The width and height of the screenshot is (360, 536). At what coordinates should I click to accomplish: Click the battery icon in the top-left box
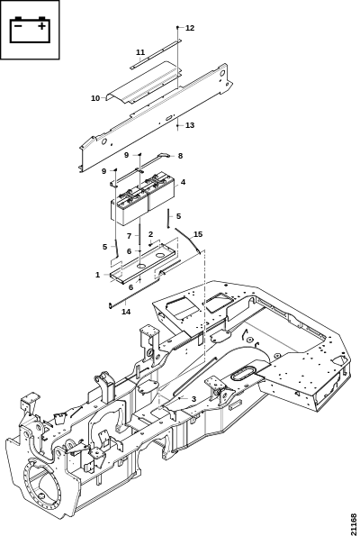click(x=30, y=30)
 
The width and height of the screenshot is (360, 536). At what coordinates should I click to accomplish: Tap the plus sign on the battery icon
click(x=41, y=26)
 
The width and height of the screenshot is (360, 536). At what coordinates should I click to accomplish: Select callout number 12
click(x=190, y=28)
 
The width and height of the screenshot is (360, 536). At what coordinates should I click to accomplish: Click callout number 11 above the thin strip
click(x=140, y=52)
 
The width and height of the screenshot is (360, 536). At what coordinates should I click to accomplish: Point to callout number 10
click(x=95, y=98)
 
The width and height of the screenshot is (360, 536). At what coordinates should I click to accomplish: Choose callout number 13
click(x=190, y=125)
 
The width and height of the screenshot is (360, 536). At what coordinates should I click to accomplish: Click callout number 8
click(x=180, y=156)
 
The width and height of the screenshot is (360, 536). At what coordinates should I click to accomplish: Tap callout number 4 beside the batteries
click(x=183, y=182)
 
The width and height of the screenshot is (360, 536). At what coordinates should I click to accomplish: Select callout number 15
click(x=198, y=234)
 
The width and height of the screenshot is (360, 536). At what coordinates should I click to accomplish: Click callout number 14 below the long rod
click(x=126, y=312)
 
